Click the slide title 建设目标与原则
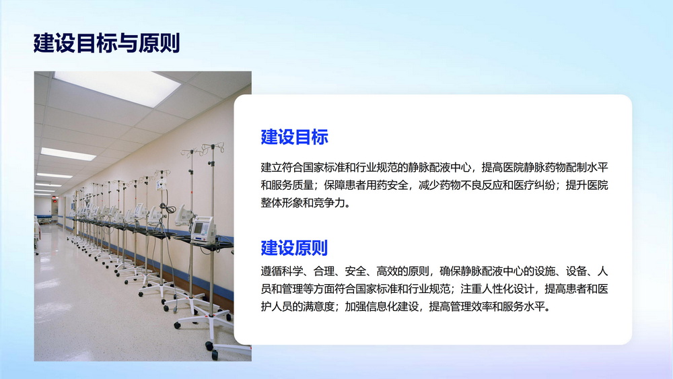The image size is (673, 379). pos(106,43)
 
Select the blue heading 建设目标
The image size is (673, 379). pos(295,137)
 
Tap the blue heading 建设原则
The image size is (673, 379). pos(295,248)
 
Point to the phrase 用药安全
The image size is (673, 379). pos(387,185)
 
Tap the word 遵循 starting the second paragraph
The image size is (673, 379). pos(271,271)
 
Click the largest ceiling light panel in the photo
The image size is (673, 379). pos(116,88)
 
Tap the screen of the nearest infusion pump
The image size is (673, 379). pos(199,228)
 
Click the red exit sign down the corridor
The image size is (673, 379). pos(55,199)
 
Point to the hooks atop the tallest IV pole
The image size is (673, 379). pos(212,149)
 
